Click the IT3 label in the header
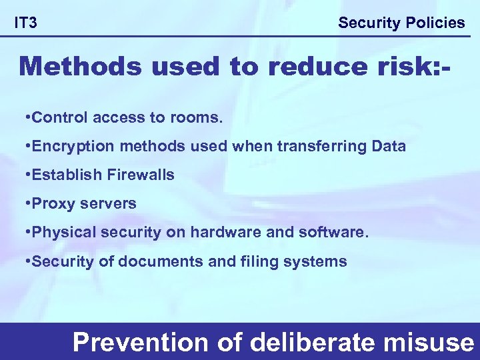click(x=26, y=23)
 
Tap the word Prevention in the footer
click(x=140, y=343)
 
